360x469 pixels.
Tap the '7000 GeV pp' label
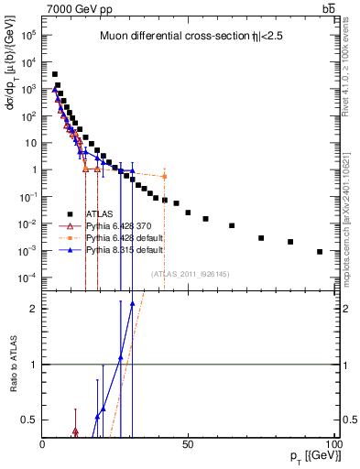(73, 8)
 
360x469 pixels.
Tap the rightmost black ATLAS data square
(320, 252)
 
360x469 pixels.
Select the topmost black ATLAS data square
(55, 74)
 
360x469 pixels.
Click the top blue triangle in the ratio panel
(132, 303)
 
